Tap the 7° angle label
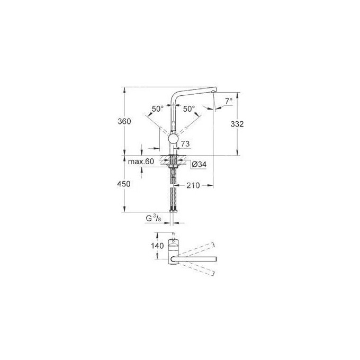(x=228, y=101)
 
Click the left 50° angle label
(x=157, y=109)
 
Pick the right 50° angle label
(x=190, y=109)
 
